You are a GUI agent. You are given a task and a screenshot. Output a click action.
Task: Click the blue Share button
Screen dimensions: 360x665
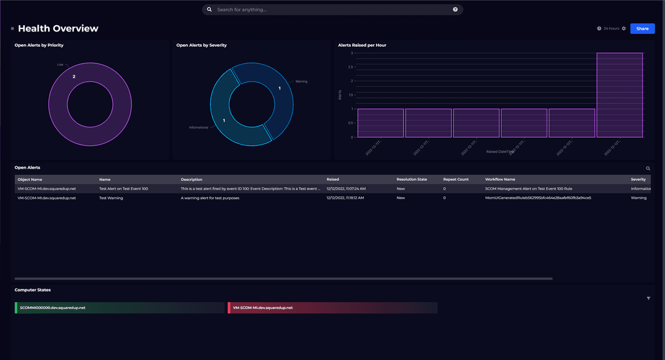(x=642, y=28)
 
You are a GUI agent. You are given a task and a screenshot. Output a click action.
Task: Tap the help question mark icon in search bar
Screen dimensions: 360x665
(x=455, y=10)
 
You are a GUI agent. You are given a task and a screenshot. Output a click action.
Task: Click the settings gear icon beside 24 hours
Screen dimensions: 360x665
(x=624, y=28)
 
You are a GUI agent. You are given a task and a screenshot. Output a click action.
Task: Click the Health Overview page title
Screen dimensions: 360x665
(x=58, y=28)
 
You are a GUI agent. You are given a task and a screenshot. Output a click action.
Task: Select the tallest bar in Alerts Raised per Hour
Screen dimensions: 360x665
(x=619, y=95)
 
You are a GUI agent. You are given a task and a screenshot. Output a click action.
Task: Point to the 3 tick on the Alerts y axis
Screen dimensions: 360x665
(x=352, y=53)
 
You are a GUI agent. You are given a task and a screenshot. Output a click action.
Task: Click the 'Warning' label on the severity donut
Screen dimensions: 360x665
(x=301, y=81)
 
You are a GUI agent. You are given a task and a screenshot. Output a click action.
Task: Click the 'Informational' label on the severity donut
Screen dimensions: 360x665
(x=198, y=127)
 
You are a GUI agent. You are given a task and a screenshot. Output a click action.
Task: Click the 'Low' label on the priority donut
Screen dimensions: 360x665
(x=60, y=64)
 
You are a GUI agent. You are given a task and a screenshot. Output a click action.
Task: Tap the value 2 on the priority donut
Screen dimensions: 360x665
(x=74, y=77)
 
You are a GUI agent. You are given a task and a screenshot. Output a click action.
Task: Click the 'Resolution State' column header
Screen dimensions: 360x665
(x=412, y=179)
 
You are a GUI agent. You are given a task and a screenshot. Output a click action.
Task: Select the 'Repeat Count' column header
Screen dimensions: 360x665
(x=456, y=179)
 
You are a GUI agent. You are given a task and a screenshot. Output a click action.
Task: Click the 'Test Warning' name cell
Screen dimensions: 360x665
(x=111, y=198)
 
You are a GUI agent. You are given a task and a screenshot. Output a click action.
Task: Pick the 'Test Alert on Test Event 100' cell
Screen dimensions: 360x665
(x=123, y=189)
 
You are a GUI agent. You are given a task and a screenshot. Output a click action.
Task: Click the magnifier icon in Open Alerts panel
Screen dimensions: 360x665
(x=648, y=168)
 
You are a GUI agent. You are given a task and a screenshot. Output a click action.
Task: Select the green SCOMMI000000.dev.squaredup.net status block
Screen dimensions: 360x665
(x=119, y=308)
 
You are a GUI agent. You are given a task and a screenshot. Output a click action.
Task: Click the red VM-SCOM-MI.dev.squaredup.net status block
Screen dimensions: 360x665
(x=332, y=308)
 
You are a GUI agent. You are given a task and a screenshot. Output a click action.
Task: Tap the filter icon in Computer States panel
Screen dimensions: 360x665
(x=648, y=298)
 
